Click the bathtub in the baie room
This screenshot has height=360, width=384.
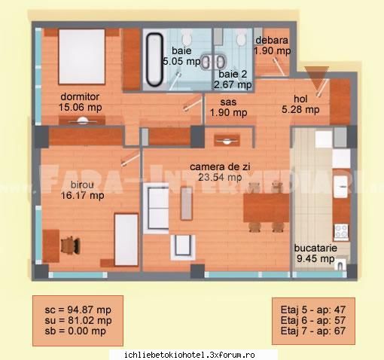[154, 59]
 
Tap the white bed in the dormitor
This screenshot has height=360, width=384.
[81, 56]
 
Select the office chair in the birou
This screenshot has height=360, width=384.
[71, 245]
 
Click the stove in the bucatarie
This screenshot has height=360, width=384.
[341, 232]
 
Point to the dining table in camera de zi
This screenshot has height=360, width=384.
[267, 208]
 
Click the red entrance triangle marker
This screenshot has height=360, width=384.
[316, 78]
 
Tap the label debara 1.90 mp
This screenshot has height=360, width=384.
[273, 45]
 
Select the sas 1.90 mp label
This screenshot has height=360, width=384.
[228, 107]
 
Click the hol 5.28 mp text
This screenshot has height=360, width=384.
[300, 104]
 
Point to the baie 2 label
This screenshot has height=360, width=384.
[233, 74]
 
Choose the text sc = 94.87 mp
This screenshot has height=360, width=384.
[78, 310]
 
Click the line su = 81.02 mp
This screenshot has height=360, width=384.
[78, 320]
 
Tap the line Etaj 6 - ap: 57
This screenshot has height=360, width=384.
[313, 320]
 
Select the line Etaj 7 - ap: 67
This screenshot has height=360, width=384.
[313, 331]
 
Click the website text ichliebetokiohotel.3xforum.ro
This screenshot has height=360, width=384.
[190, 355]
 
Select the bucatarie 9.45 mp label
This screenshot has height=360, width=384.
[315, 253]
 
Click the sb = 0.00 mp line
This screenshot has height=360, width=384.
[75, 331]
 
